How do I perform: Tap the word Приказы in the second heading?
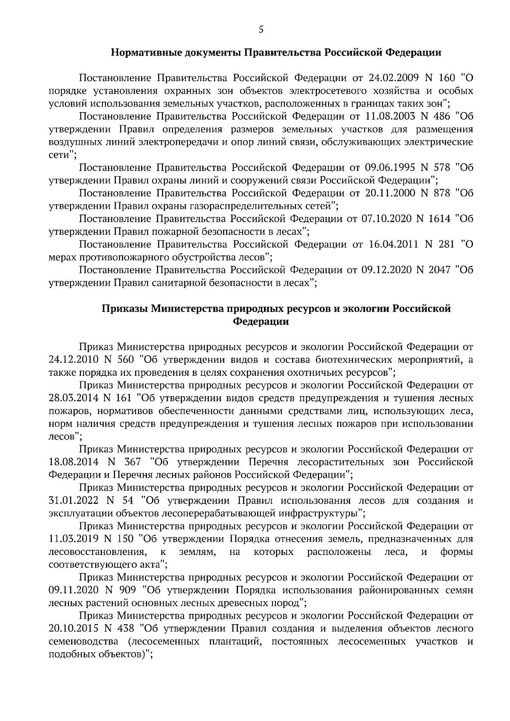click(124, 309)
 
